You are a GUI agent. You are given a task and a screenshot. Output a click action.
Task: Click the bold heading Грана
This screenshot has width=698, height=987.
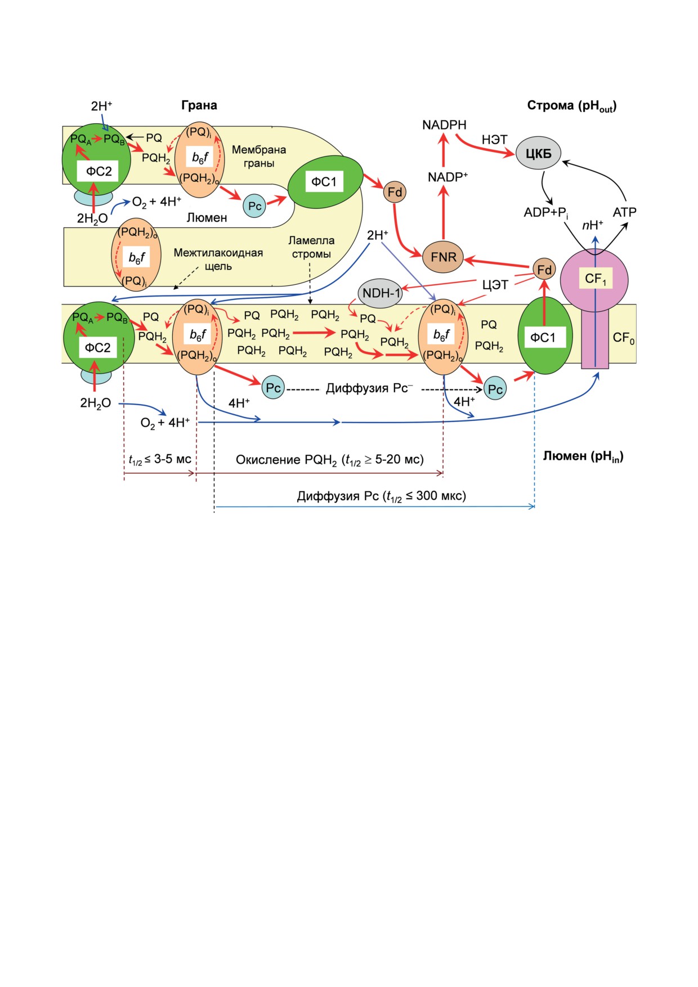pos(199,105)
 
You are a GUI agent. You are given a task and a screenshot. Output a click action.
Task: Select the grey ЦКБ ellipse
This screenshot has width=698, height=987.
pos(538,153)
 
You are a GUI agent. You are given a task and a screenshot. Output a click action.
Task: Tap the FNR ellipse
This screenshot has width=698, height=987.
pos(444,258)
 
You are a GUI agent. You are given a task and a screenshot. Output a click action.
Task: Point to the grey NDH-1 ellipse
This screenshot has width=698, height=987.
pos(381,293)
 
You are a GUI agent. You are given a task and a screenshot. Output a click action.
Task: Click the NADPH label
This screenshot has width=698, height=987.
pos(444,125)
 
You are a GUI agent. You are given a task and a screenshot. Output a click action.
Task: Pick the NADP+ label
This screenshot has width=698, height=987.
pos(448,177)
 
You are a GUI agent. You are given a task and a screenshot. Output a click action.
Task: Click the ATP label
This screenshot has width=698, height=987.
pos(624,212)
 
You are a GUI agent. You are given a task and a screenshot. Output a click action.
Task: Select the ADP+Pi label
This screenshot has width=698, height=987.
pos(546,213)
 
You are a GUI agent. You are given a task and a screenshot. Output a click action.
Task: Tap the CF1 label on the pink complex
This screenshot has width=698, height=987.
pos(596,279)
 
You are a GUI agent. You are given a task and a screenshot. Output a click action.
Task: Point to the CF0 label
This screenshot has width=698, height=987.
pos(624,338)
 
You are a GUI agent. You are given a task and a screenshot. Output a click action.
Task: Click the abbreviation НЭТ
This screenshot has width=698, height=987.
pos(494,140)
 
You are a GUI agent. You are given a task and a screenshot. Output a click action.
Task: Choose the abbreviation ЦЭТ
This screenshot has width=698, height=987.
pos(495,285)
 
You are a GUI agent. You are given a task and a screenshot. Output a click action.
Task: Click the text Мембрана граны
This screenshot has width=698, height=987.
pos(259,156)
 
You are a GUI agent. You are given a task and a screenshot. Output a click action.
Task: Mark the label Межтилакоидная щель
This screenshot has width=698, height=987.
pos(218,259)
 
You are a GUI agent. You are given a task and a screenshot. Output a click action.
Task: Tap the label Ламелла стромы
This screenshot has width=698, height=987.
pos(311,247)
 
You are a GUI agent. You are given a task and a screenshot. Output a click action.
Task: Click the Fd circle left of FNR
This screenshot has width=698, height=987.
pos(395,192)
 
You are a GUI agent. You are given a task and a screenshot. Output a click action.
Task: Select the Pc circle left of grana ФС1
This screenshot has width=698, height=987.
pos(254,206)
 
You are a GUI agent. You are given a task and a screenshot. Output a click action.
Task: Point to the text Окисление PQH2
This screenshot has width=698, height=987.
pos(286,460)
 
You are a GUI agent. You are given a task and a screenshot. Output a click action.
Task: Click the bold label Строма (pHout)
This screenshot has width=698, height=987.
pos(572,106)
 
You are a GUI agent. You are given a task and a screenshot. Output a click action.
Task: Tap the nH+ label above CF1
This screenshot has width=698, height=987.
pos(593,225)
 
